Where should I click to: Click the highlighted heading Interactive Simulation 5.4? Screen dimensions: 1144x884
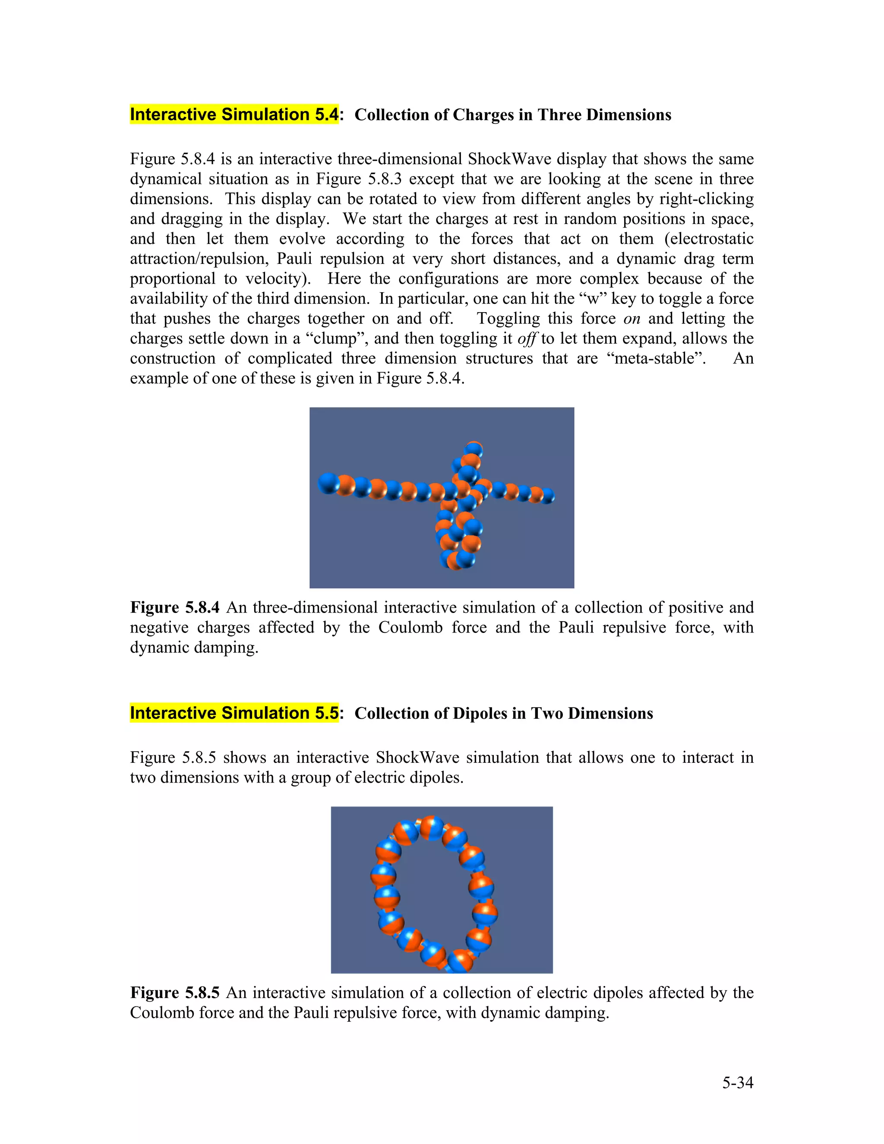click(x=234, y=114)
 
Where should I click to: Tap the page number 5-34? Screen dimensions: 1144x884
click(x=737, y=1082)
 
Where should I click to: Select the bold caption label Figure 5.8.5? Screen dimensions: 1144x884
click(x=174, y=992)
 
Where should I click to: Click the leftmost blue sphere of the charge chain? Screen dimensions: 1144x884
click(x=328, y=483)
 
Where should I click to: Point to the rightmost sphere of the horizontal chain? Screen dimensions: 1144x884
click(x=547, y=496)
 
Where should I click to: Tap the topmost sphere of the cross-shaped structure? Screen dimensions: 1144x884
click(x=474, y=449)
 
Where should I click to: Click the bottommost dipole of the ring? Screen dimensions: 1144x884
click(x=461, y=960)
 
